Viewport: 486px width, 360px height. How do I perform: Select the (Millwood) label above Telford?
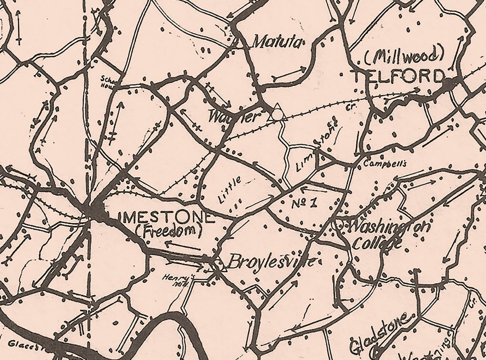[x=405, y=57]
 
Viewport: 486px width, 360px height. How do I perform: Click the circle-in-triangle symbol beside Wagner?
[x=277, y=113]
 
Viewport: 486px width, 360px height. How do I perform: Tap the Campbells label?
[x=385, y=164]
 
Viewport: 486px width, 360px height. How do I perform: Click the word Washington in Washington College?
[x=388, y=227]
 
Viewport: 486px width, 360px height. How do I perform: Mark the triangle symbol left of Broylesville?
[x=219, y=266]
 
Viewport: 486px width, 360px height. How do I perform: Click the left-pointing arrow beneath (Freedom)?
[x=182, y=245]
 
